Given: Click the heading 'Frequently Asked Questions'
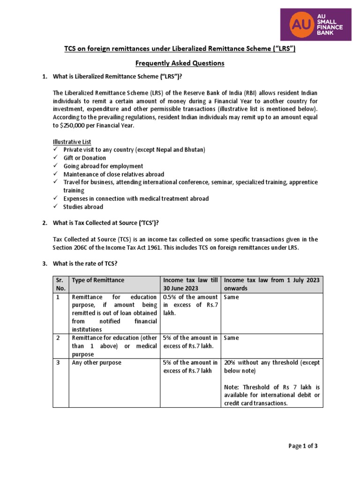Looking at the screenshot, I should click(x=180, y=63).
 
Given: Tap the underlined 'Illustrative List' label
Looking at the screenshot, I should click(x=72, y=142).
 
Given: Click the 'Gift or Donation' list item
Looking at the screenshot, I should click(x=85, y=158).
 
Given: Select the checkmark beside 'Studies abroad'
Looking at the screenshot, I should click(x=55, y=207).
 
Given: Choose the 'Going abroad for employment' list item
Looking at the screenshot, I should click(x=104, y=166).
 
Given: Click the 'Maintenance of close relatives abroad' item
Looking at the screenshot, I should click(x=114, y=174).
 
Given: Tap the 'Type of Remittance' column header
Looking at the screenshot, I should click(x=98, y=280).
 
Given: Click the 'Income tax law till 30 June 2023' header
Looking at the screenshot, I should click(x=190, y=284).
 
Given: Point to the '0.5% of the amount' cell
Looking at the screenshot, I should click(x=190, y=297).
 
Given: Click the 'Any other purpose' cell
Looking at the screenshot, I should click(x=96, y=362).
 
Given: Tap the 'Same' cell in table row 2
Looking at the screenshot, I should click(x=232, y=338).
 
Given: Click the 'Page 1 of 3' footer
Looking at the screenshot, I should click(x=303, y=446).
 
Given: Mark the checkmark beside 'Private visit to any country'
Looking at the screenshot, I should click(x=55, y=150).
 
